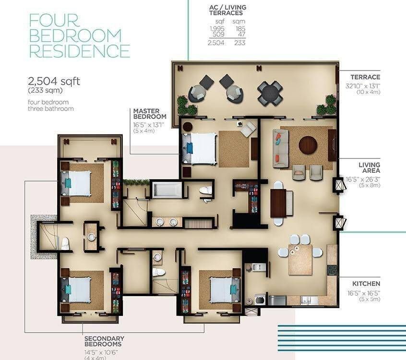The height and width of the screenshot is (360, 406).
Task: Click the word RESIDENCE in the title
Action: (x=80, y=51)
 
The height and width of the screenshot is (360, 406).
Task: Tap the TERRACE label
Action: (x=365, y=77)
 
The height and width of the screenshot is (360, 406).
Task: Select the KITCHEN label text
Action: (x=366, y=284)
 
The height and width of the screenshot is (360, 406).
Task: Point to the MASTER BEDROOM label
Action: (x=150, y=114)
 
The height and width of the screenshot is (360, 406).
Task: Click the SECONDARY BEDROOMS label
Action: (x=104, y=341)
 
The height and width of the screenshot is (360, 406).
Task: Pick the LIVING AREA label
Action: (x=369, y=168)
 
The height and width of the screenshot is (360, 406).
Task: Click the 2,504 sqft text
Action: (x=54, y=81)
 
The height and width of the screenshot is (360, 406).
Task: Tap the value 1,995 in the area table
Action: (x=217, y=28)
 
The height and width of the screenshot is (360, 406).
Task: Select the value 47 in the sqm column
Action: (x=241, y=35)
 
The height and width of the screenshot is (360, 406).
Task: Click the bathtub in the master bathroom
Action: (x=167, y=191)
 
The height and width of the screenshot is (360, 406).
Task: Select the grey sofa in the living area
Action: (x=281, y=149)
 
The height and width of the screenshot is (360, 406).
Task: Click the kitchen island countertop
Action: (x=300, y=260)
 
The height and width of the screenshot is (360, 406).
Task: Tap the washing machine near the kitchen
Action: (x=260, y=300)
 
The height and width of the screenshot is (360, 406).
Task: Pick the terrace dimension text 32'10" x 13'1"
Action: (x=363, y=86)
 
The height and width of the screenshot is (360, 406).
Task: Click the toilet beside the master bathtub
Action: (x=205, y=191)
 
